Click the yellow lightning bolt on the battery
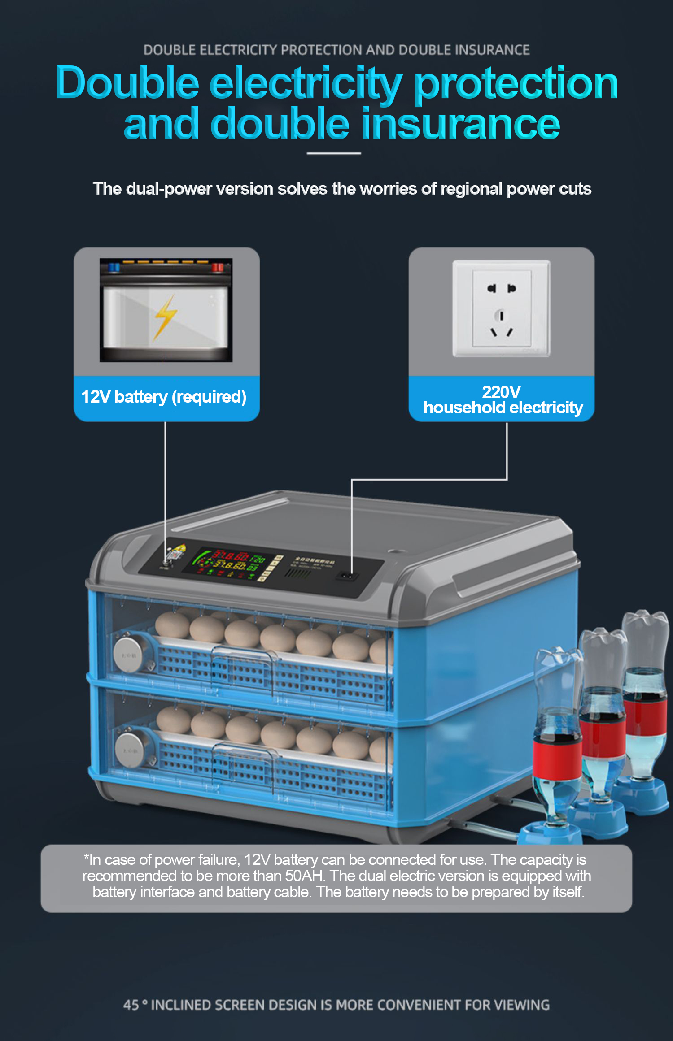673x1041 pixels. [165, 316]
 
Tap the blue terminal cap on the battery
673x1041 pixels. [114, 267]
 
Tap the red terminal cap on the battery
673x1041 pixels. [218, 267]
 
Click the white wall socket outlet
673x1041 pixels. [501, 308]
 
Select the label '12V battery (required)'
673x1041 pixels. [164, 397]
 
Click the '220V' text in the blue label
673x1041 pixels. [501, 392]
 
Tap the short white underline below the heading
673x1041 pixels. [334, 153]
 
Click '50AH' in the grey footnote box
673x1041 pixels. [305, 876]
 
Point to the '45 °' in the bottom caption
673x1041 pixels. [135, 1005]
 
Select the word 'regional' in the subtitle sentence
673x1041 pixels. [471, 189]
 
